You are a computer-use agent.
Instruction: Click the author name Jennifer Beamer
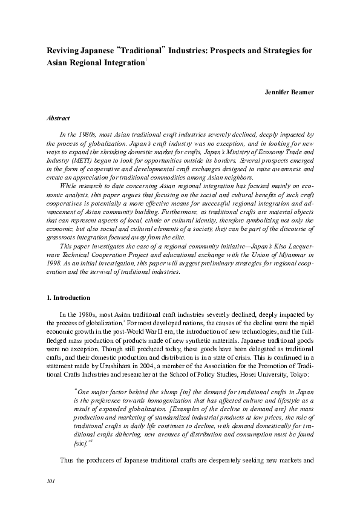pyautogui.click(x=289, y=92)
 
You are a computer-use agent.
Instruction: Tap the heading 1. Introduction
pyautogui.click(x=68, y=298)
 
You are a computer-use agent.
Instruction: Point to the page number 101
pyautogui.click(x=51, y=481)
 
